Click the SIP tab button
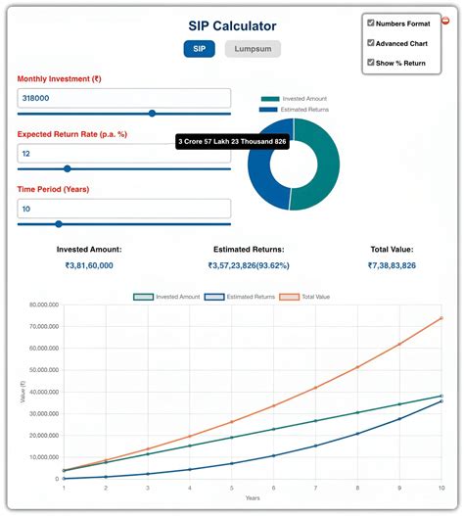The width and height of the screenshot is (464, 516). click(199, 49)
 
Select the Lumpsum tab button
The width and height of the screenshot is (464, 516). click(254, 49)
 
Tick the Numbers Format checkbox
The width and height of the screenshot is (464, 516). click(371, 22)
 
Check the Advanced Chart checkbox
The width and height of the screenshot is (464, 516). click(371, 43)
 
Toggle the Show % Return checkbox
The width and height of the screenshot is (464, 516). click(371, 64)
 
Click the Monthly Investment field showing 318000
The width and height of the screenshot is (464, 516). click(124, 98)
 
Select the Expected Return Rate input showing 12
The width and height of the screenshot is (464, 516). click(124, 154)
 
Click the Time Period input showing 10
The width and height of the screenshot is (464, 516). click(124, 209)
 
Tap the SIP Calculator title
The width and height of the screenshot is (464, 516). click(232, 25)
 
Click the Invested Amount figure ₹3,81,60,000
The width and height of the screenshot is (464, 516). click(89, 265)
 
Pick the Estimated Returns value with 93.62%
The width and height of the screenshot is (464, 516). click(248, 265)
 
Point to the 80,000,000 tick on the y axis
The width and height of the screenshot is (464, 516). click(39, 305)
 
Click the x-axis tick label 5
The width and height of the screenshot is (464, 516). click(231, 487)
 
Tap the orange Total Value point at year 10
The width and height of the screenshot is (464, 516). click(441, 318)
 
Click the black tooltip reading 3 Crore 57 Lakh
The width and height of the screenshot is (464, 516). click(232, 143)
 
